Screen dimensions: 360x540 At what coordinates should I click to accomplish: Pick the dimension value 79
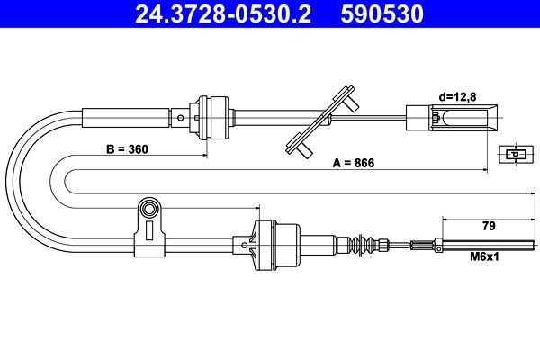[x=490, y=226]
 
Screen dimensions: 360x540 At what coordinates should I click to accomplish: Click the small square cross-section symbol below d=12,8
[x=512, y=154]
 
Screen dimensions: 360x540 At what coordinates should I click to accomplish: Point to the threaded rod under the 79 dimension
[x=486, y=243]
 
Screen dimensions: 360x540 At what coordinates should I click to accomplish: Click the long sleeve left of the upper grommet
[x=126, y=116]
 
